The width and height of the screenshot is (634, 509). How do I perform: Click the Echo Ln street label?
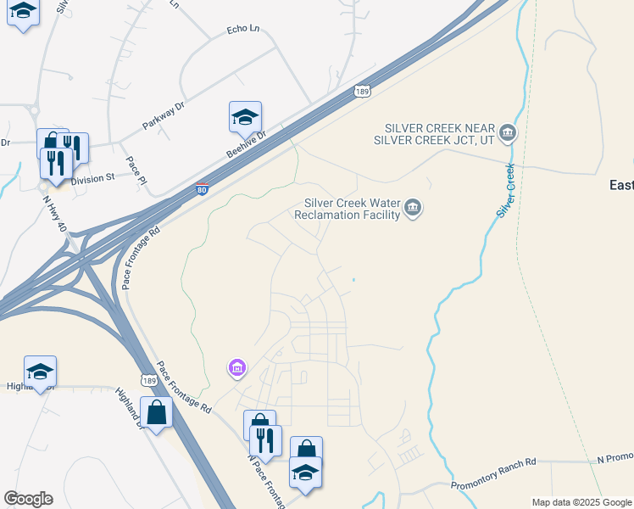click(x=242, y=30)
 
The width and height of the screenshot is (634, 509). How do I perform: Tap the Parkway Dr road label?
click(x=163, y=115)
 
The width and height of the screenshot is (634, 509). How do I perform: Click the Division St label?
click(x=92, y=179)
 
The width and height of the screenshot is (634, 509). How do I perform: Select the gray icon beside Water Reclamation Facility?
click(x=413, y=209)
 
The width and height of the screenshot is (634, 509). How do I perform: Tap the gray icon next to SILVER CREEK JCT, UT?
click(x=508, y=133)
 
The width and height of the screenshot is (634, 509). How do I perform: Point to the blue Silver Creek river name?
click(x=506, y=190)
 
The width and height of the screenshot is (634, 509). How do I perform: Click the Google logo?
click(x=28, y=499)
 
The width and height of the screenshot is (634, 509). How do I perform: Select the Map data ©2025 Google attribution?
click(x=581, y=502)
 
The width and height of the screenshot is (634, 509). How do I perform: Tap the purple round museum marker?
click(x=237, y=368)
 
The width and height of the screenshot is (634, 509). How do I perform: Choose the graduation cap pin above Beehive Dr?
click(x=245, y=116)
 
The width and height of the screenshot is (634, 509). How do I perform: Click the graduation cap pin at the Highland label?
click(x=40, y=371)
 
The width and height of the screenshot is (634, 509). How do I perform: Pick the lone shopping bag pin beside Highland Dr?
click(x=157, y=412)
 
